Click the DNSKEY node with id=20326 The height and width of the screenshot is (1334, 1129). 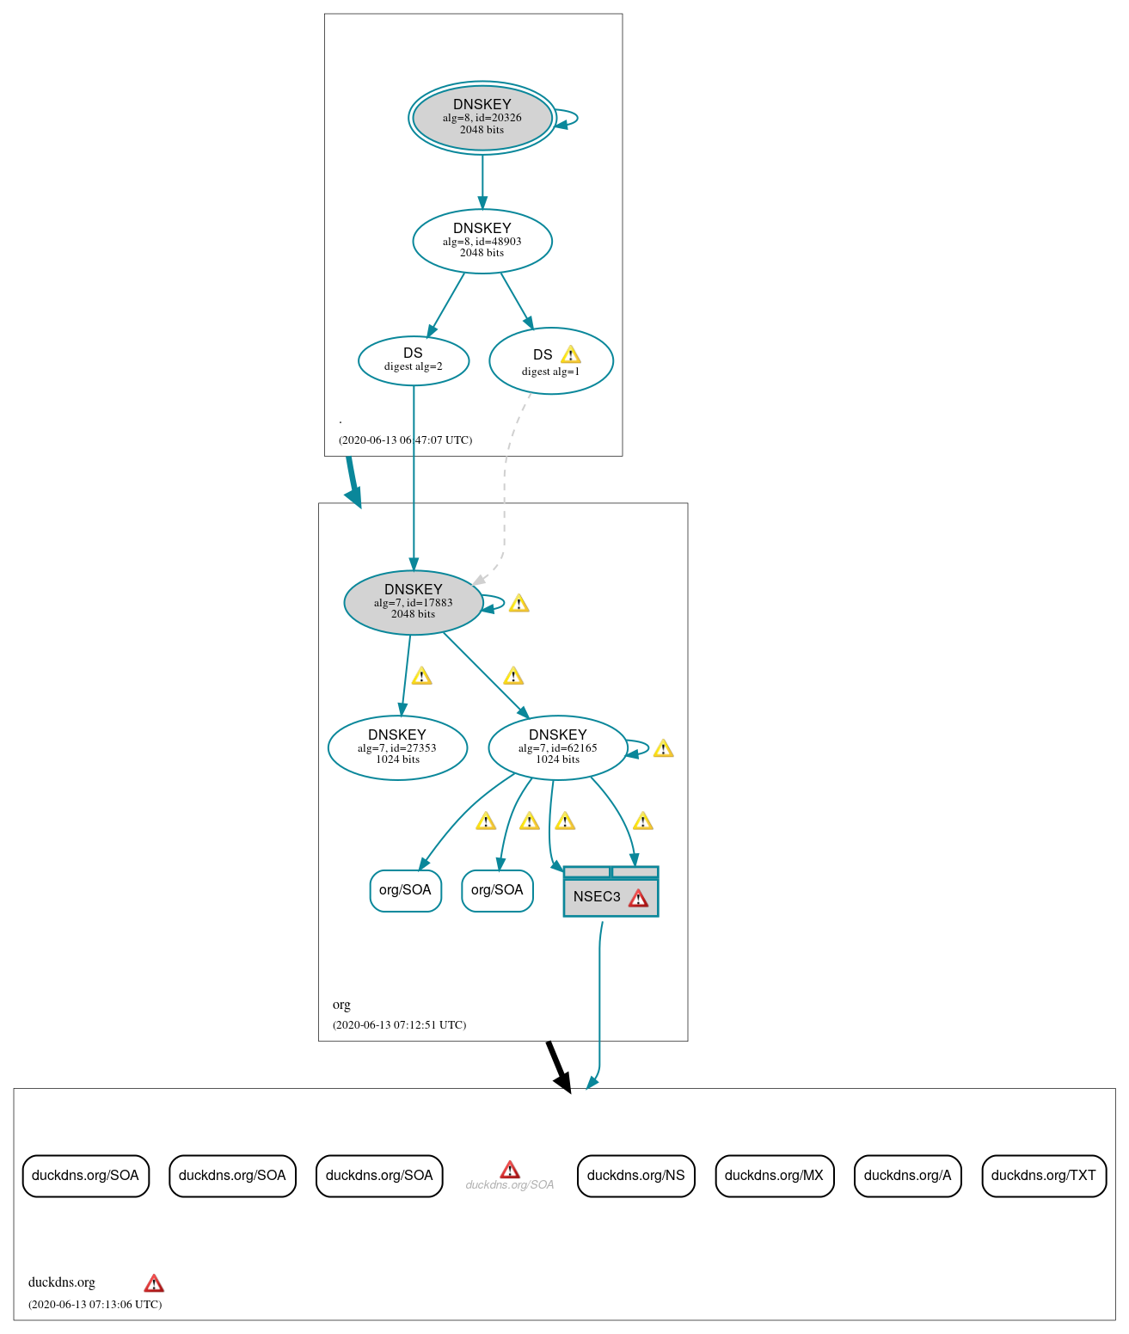(x=482, y=118)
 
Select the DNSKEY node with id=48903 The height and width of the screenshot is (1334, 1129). (x=482, y=241)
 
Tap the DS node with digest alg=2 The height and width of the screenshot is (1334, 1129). (x=413, y=360)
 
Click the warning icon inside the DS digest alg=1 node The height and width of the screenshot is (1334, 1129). (x=570, y=355)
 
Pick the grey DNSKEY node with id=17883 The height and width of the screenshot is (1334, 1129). (x=413, y=602)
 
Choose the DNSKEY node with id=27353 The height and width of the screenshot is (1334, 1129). (x=397, y=747)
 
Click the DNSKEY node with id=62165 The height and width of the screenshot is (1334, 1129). (x=557, y=747)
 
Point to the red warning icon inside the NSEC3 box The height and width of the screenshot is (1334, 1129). (x=638, y=898)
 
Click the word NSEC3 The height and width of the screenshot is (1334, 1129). (x=596, y=897)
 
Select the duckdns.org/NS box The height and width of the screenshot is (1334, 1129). (x=635, y=1176)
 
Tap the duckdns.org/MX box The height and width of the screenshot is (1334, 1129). (x=774, y=1176)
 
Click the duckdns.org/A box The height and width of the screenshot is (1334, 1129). (x=907, y=1176)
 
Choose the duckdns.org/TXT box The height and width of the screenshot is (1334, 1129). (x=1043, y=1176)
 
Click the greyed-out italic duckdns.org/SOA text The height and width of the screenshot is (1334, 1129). (x=509, y=1185)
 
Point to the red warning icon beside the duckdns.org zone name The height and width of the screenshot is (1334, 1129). (x=154, y=1283)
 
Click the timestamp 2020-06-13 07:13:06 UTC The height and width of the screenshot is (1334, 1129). (x=95, y=1304)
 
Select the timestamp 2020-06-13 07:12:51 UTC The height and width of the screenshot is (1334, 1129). (x=399, y=1024)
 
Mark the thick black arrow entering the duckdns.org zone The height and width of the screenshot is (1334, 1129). (x=558, y=1067)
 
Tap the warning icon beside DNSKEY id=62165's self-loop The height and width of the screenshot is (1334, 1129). (x=663, y=748)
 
